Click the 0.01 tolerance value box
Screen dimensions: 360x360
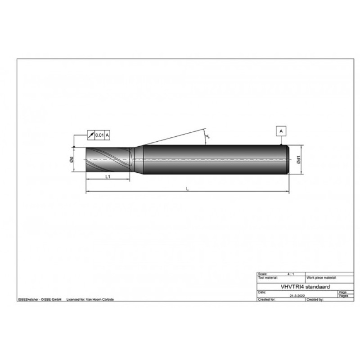(x=100, y=135)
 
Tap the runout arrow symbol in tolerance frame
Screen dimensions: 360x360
(x=92, y=135)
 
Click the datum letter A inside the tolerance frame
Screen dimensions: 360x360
(x=108, y=135)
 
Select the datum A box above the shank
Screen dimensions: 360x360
(x=281, y=131)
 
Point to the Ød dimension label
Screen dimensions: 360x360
(x=71, y=160)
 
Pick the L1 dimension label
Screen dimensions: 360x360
(x=108, y=177)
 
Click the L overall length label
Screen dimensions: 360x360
(x=187, y=189)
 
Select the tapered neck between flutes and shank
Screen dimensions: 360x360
(x=138, y=160)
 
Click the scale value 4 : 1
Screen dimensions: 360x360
(x=291, y=274)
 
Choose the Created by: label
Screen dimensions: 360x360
(x=315, y=299)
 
